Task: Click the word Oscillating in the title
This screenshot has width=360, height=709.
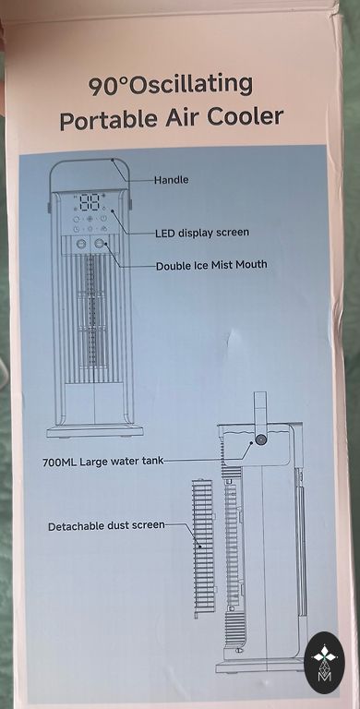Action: [x=191, y=86]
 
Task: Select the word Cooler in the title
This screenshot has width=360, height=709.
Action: [x=246, y=116]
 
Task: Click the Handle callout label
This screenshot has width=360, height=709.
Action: [x=171, y=180]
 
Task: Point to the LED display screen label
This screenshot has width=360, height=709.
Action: [x=202, y=233]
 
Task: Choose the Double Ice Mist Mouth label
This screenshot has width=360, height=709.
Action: [x=211, y=265]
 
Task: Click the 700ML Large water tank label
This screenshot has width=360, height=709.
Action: [x=102, y=463]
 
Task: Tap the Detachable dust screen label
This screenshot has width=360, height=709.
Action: [x=106, y=526]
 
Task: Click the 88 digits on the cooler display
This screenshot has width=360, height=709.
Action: [x=90, y=202]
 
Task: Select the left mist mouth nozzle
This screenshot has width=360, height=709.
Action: [x=81, y=244]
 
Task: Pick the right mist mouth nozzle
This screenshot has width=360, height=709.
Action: [x=100, y=244]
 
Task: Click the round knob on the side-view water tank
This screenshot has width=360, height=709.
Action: [x=261, y=439]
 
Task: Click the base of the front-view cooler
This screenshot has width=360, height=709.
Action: [x=95, y=431]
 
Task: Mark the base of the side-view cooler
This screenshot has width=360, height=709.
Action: [x=260, y=667]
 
